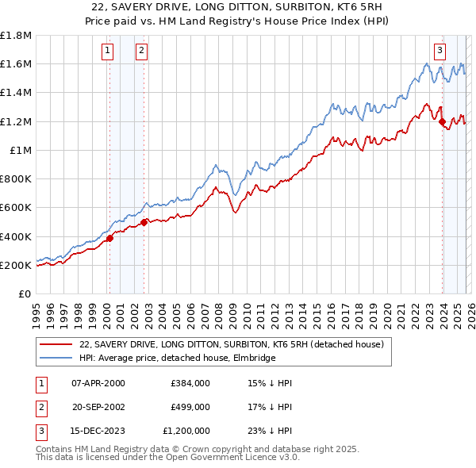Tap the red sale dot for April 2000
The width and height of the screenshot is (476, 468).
click(109, 239)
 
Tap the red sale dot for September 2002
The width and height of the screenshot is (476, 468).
click(144, 223)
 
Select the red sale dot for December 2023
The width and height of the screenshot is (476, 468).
click(442, 121)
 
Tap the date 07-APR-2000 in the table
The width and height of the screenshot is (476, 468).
click(98, 383)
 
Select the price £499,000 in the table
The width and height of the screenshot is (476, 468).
click(190, 407)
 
